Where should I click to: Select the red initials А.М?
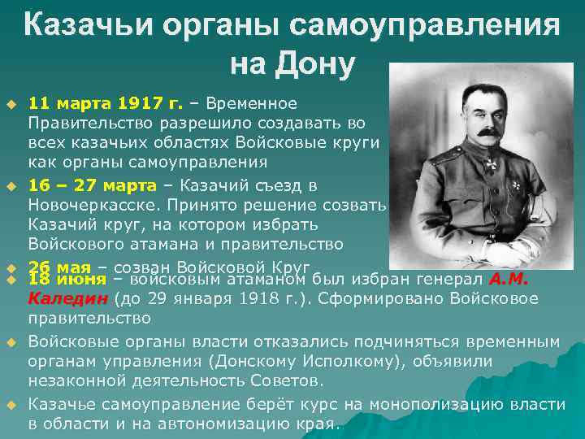(x=509, y=280)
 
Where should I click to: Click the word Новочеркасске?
(x=88, y=205)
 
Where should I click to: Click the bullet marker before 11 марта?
(x=12, y=104)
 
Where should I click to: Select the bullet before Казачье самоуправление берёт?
(x=12, y=405)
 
